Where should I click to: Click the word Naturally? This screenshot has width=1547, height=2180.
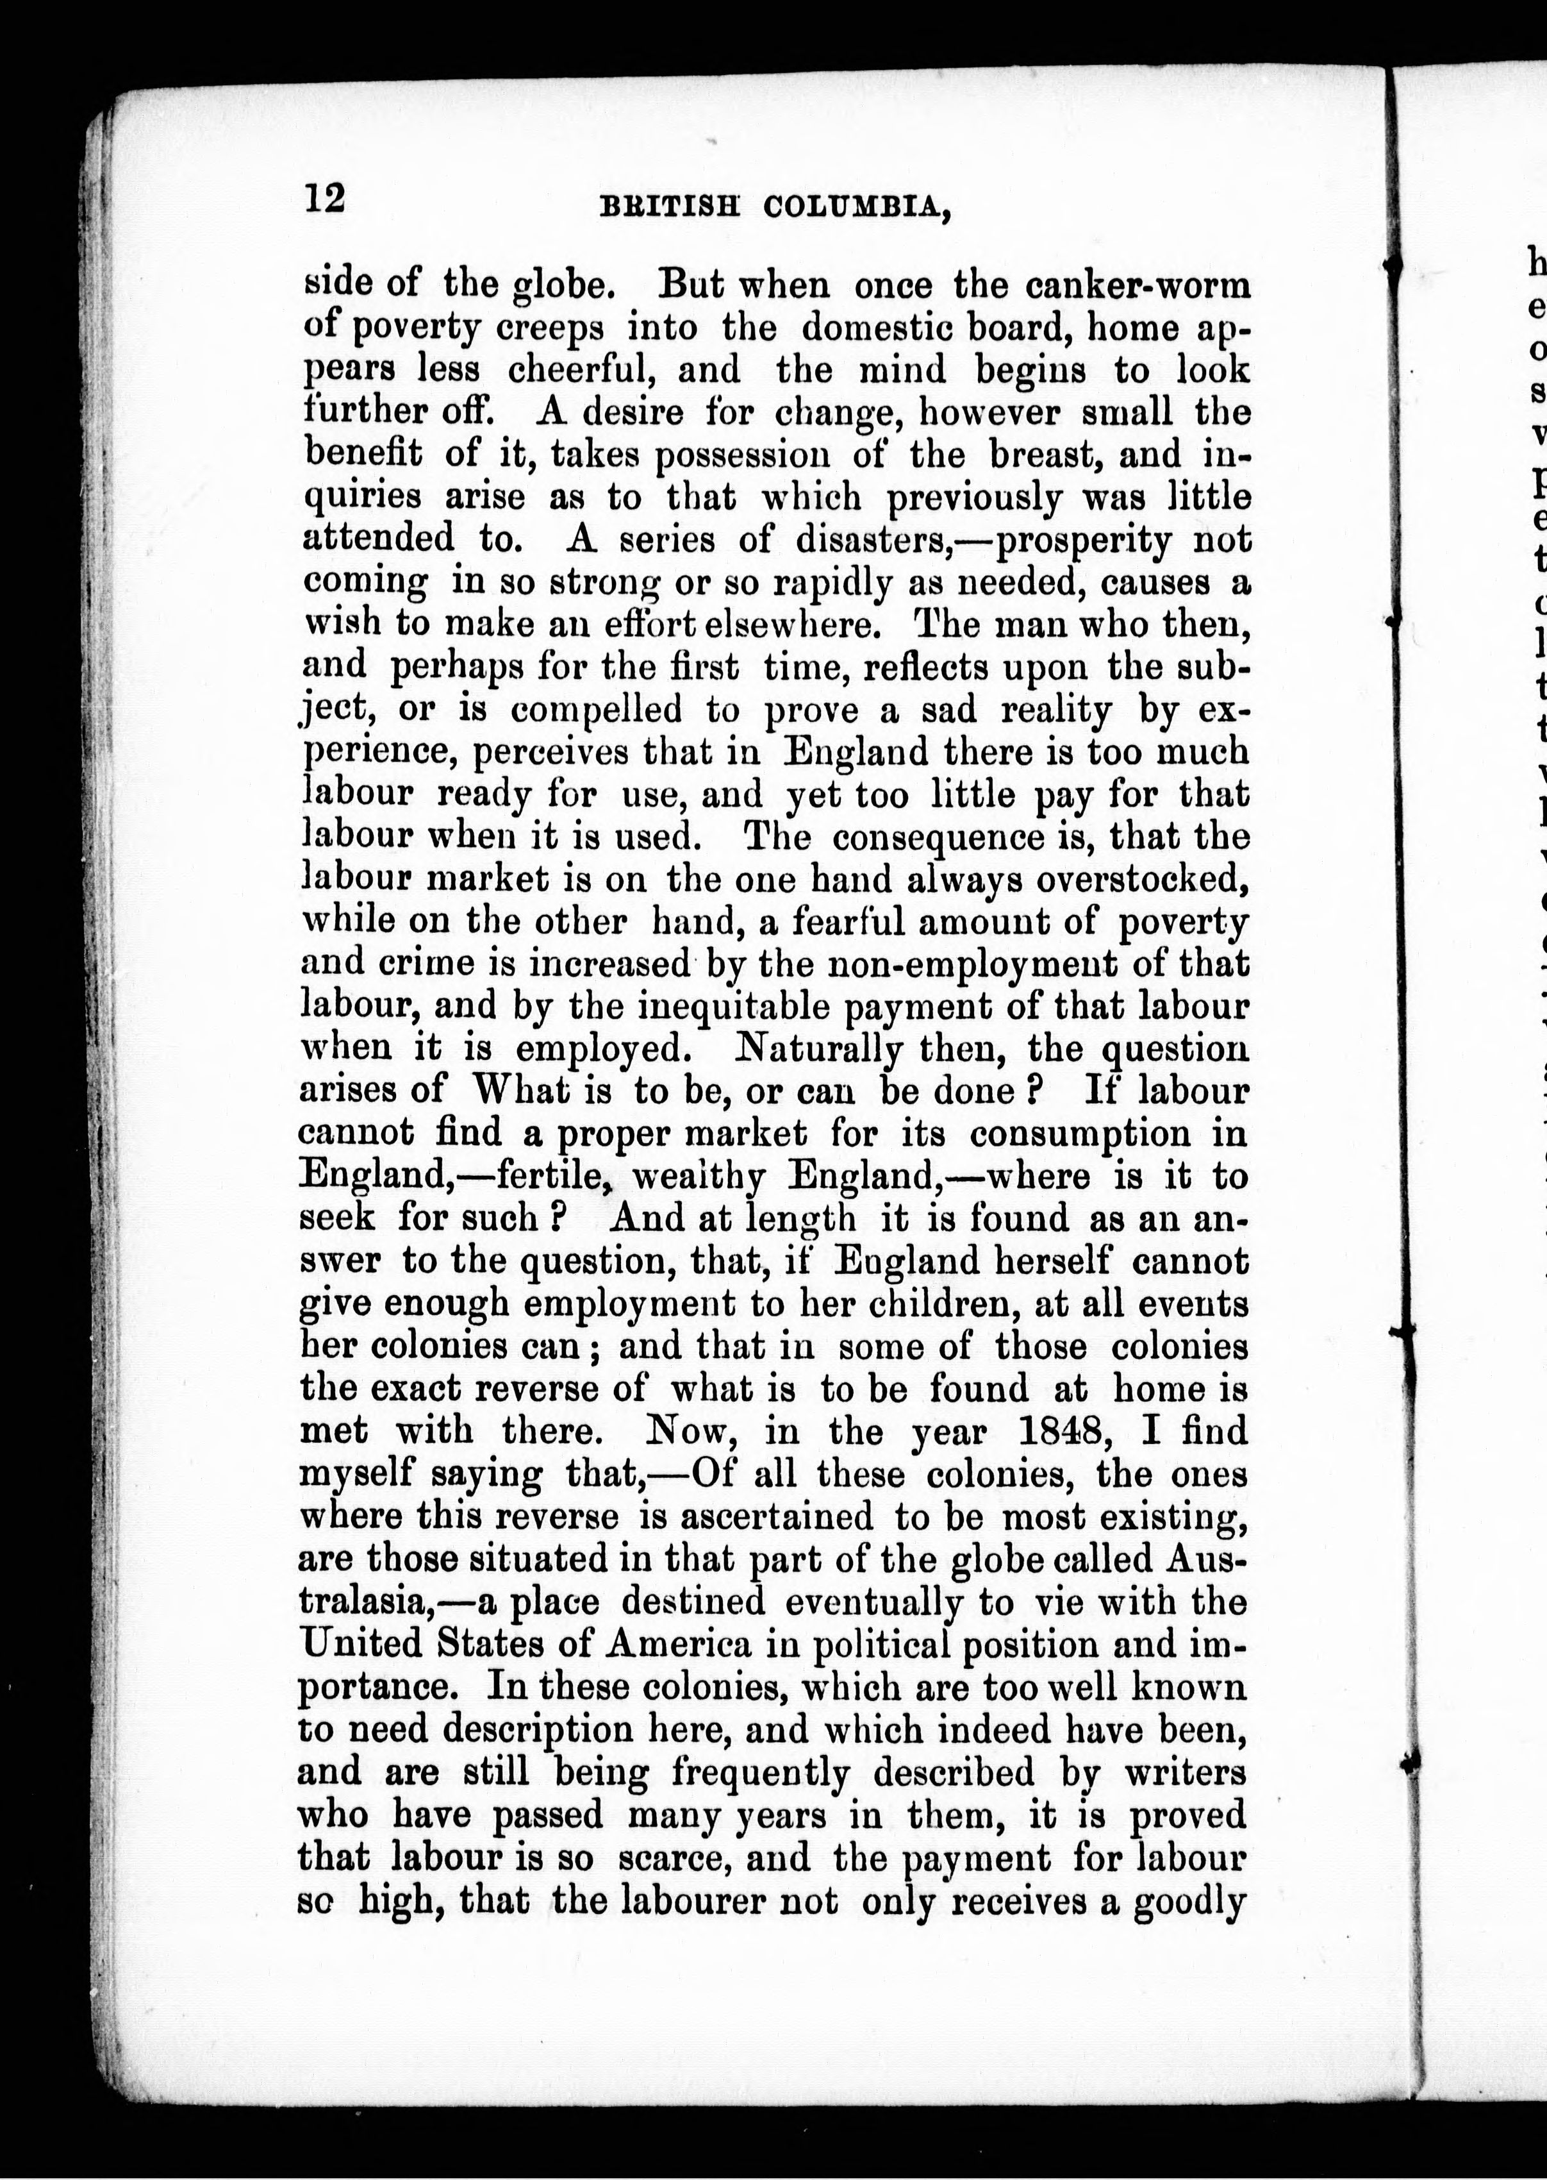(820, 1049)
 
